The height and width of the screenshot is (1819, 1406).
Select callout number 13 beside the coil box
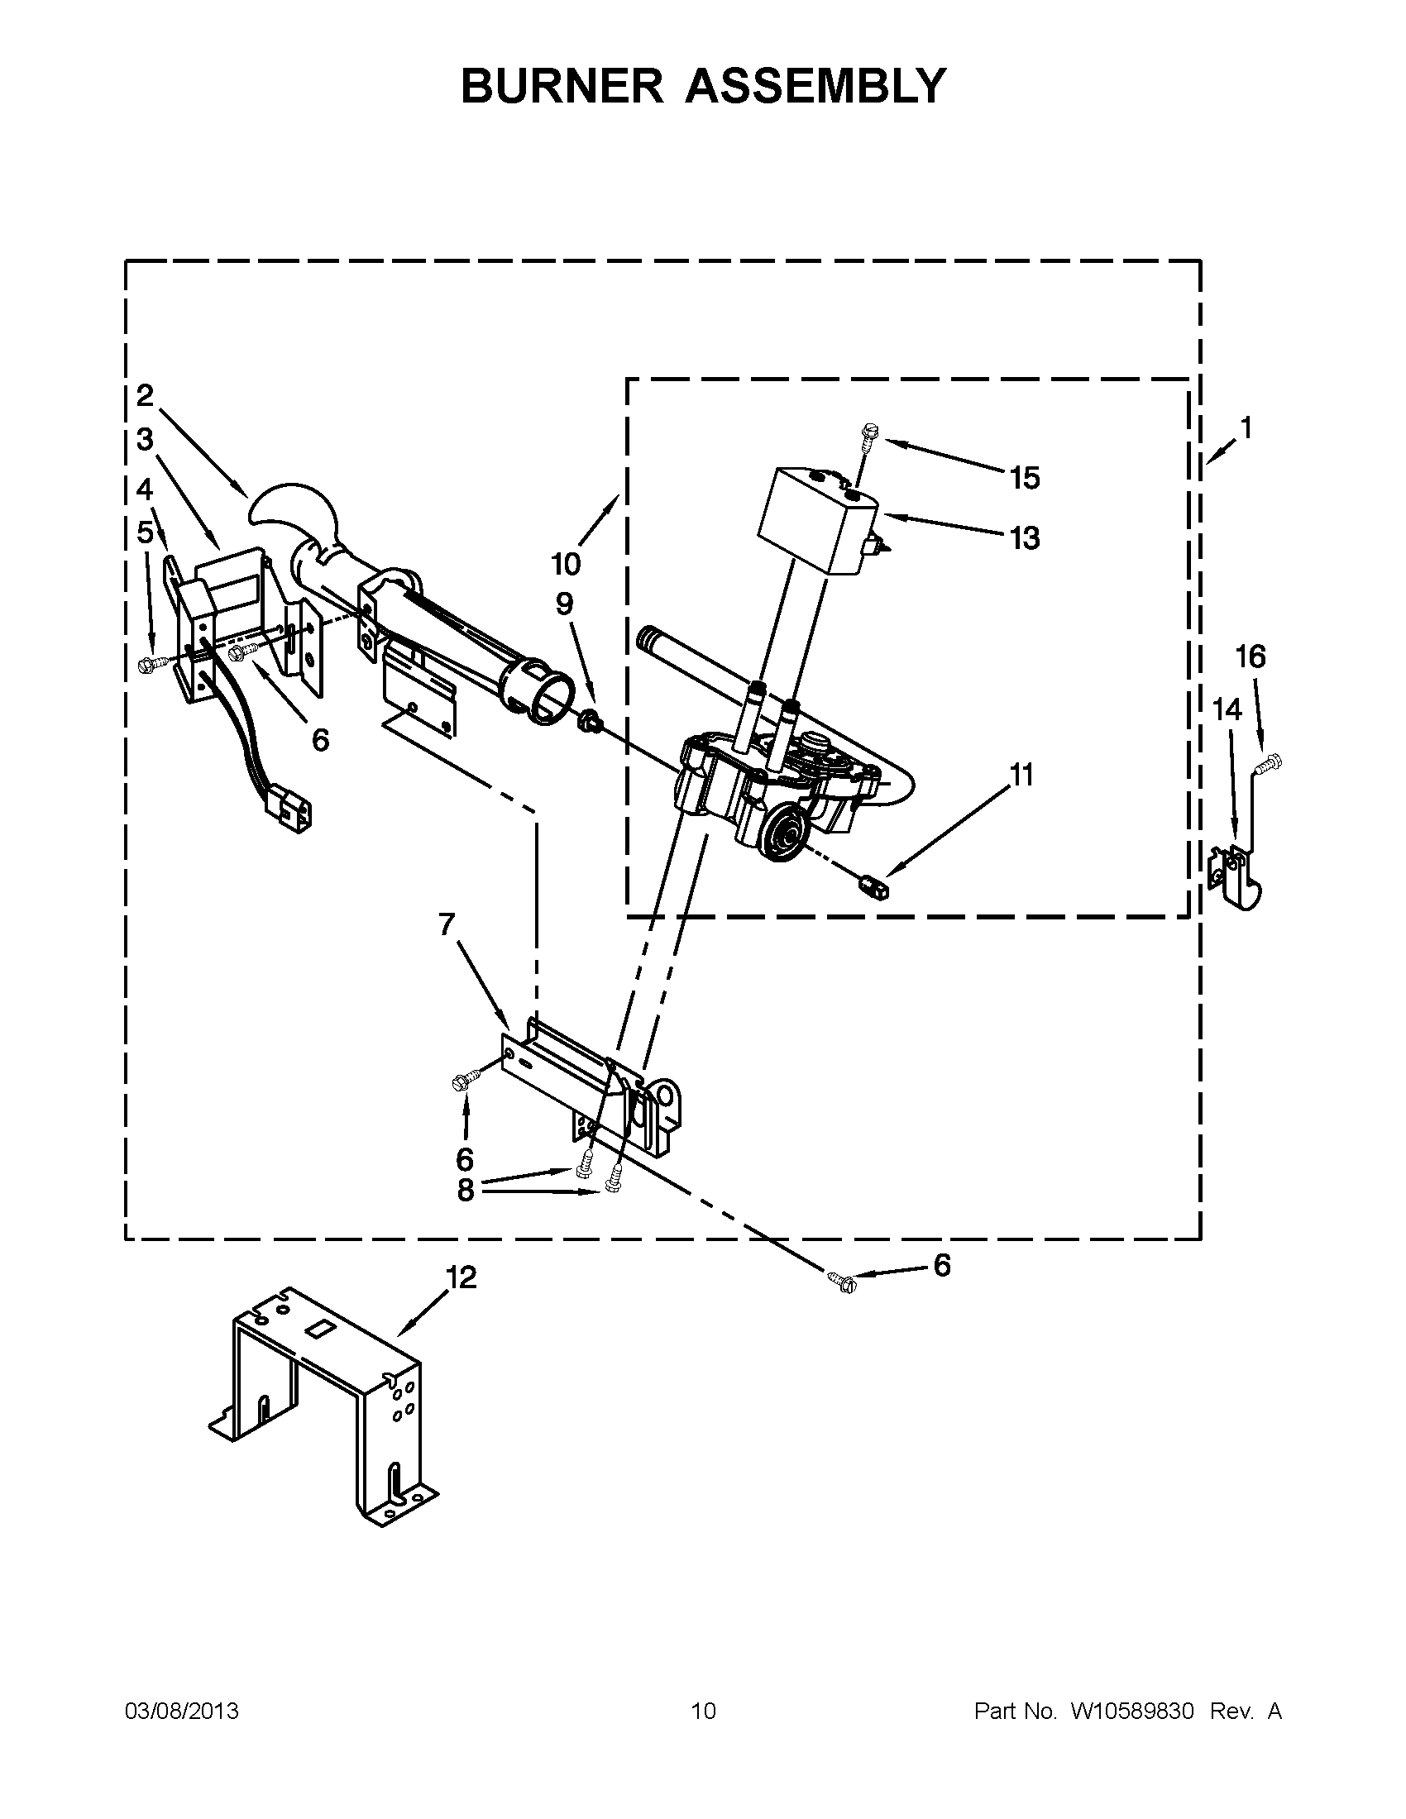[x=1025, y=538]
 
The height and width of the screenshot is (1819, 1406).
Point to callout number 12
[x=461, y=1277]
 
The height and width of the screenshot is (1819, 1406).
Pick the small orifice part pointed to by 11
[x=875, y=887]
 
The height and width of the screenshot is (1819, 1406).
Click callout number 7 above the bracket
[x=447, y=924]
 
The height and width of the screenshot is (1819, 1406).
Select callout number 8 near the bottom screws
[x=465, y=1190]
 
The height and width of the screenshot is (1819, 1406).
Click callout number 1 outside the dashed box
[x=1246, y=428]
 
